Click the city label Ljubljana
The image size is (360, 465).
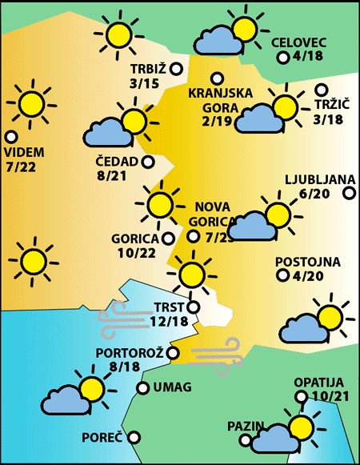tap(319, 179)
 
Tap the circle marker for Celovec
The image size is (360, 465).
tap(282, 58)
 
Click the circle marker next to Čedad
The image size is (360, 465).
tap(148, 162)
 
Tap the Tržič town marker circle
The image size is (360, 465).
tap(322, 90)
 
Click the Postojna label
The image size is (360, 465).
tap(307, 262)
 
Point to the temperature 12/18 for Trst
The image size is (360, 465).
tap(169, 321)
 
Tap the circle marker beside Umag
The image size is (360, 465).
tap(142, 388)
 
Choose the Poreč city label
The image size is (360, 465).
tap(102, 438)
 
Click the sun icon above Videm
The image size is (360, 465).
tap(31, 103)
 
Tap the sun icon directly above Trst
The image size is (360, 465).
tap(191, 275)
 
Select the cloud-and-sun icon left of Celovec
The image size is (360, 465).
tap(228, 33)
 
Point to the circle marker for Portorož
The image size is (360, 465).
tap(174, 353)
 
